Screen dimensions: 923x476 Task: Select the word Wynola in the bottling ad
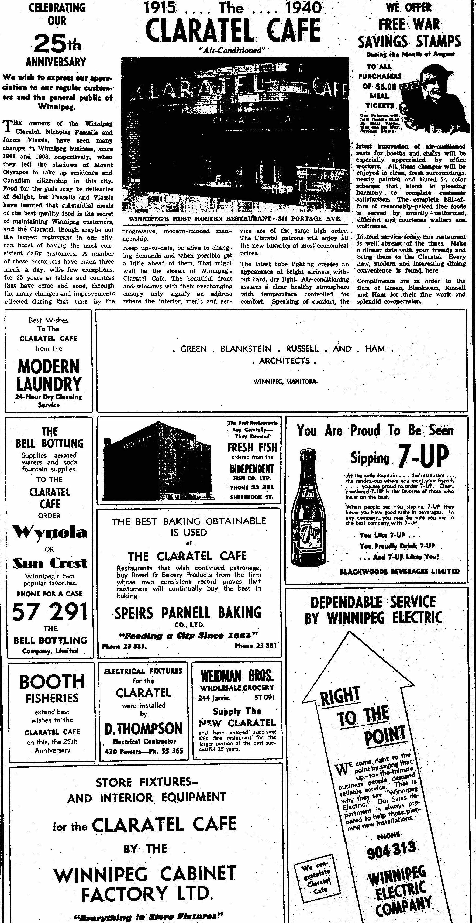tap(50, 533)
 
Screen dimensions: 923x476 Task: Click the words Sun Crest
tap(50, 563)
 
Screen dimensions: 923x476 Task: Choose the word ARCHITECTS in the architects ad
tap(284, 361)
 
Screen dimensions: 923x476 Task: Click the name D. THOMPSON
tap(143, 728)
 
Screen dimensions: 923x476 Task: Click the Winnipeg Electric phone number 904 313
tap(391, 849)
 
